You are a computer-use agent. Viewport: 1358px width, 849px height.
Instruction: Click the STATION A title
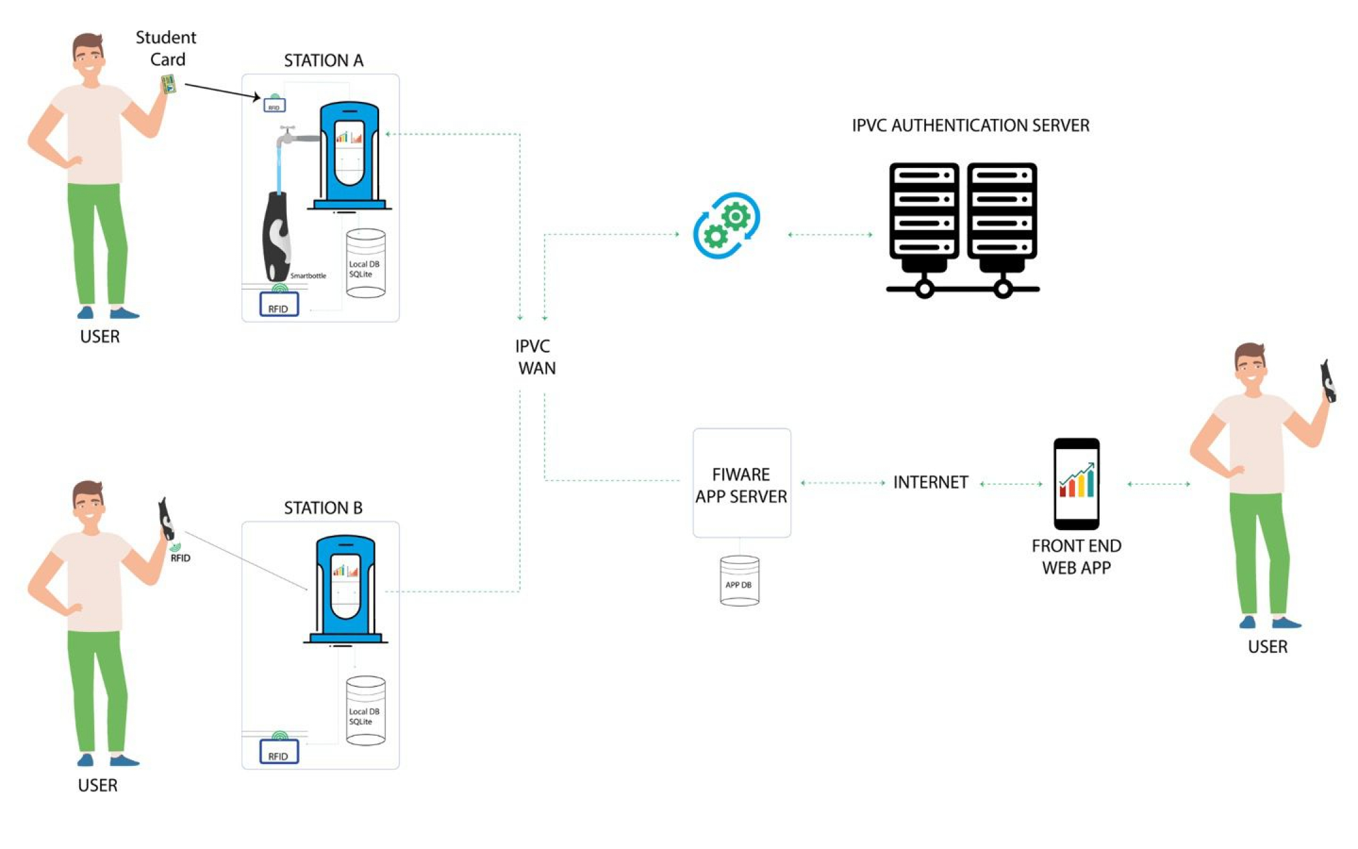click(323, 60)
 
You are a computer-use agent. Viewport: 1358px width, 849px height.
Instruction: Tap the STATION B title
click(323, 508)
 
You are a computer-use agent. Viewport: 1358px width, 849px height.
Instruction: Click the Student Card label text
click(167, 48)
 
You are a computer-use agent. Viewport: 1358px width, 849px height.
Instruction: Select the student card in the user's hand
click(168, 84)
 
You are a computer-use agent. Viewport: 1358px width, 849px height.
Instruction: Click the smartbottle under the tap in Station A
click(276, 236)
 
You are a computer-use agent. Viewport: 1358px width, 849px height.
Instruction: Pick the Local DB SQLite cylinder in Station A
click(365, 263)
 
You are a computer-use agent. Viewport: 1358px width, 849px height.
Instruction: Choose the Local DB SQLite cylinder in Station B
click(365, 711)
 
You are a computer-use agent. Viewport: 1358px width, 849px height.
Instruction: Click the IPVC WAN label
click(535, 357)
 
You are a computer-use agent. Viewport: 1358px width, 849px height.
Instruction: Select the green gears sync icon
click(727, 225)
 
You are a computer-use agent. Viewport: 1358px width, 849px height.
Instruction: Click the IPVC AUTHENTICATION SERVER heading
click(970, 126)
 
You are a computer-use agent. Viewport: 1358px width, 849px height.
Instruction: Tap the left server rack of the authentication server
click(924, 214)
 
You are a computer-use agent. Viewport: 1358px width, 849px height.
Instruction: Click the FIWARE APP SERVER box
click(741, 483)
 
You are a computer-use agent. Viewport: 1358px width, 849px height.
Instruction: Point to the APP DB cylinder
click(739, 581)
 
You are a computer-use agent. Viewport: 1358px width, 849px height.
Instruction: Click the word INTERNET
click(930, 482)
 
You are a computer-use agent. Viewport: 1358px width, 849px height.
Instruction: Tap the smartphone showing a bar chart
click(1076, 484)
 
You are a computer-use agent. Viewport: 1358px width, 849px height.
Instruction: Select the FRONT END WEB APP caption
click(1076, 557)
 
